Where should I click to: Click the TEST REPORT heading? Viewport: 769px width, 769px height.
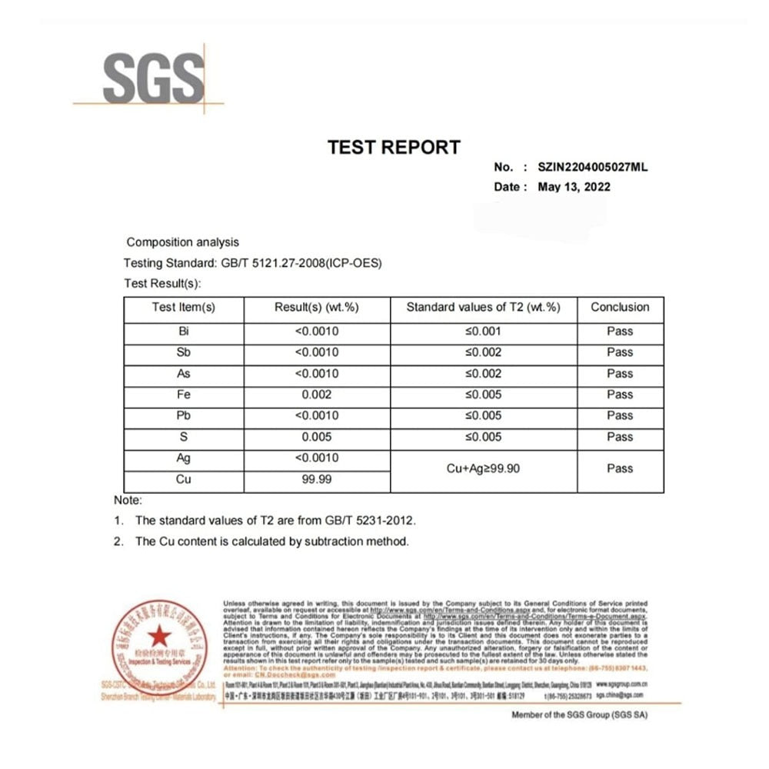[394, 147]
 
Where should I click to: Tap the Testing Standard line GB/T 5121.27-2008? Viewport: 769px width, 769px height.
[253, 263]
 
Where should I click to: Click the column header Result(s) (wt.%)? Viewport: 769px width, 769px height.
[317, 308]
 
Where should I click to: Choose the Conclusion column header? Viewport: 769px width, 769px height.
[620, 308]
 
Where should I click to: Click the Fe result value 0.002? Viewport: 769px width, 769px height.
[317, 394]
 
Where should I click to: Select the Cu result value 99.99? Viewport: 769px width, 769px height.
[317, 479]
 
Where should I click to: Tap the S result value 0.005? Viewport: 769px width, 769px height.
[317, 437]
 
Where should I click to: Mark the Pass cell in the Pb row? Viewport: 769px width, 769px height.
[620, 416]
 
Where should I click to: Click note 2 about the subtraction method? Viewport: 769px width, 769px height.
[271, 541]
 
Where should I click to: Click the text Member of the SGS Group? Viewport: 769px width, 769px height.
[580, 715]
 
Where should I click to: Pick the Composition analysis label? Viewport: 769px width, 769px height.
[182, 242]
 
